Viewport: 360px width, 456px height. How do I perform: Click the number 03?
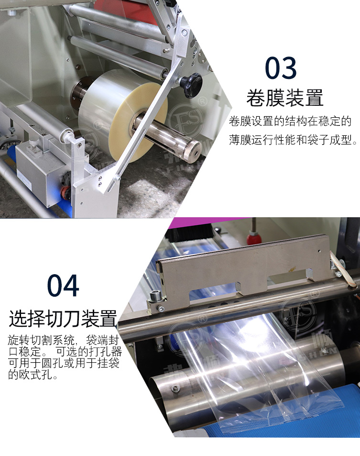click(x=281, y=68)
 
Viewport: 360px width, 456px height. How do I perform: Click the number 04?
click(x=63, y=286)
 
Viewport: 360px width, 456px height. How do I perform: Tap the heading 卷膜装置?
click(x=285, y=98)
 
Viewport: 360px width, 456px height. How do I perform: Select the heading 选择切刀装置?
click(x=63, y=318)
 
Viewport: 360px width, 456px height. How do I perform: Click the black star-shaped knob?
click(x=191, y=85)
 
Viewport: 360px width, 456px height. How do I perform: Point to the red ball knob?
click(x=254, y=237)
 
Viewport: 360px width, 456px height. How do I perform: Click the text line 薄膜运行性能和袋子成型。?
click(x=293, y=140)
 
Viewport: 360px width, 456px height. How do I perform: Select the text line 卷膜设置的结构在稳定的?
click(x=290, y=121)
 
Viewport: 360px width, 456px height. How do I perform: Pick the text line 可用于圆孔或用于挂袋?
click(x=64, y=363)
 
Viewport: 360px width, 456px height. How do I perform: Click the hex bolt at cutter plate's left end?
click(x=153, y=297)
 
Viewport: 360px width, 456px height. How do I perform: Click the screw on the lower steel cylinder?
click(x=175, y=388)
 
